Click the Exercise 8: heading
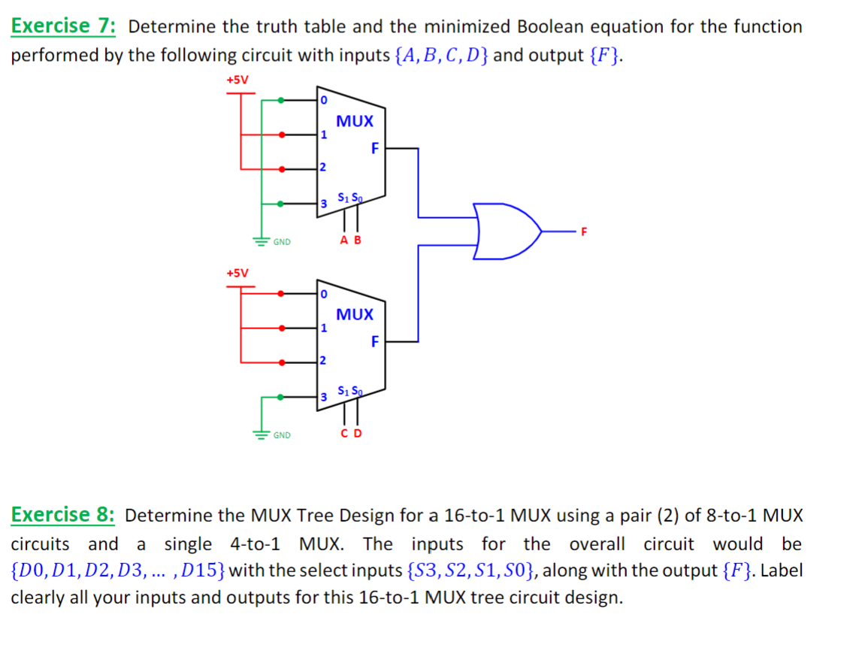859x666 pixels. point(63,515)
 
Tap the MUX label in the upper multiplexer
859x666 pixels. point(355,121)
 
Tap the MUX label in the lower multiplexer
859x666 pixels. point(355,314)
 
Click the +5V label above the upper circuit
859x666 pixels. point(237,80)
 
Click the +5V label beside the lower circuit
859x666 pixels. point(237,272)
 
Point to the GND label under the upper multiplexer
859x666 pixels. point(283,242)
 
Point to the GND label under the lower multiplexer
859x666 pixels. point(283,435)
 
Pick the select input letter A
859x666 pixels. point(344,241)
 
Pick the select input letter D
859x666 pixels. point(357,434)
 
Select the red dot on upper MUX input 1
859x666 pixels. point(282,135)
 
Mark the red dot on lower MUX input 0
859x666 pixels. point(282,293)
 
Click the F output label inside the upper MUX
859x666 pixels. point(374,148)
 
